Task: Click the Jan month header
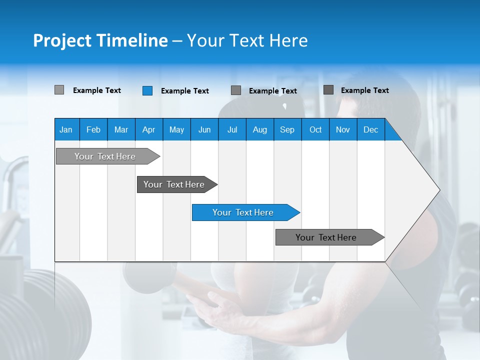66,129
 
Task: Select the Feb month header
93,129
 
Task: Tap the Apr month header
148,129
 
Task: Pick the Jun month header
204,129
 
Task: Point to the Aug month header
259,129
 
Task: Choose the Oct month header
315,129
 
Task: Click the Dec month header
370,129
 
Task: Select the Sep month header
287,129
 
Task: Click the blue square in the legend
147,90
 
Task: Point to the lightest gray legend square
59,90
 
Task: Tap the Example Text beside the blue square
184,91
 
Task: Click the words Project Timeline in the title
100,40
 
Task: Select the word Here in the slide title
288,40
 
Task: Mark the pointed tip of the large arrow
438,190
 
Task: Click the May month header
176,129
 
